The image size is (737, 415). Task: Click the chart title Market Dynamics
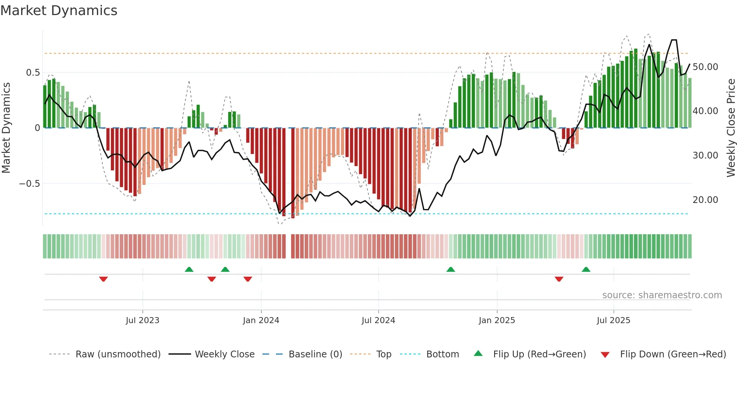coord(59,11)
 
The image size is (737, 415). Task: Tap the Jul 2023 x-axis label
coord(143,320)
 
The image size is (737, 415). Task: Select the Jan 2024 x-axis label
coord(261,320)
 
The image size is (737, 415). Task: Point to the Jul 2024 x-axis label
coord(378,320)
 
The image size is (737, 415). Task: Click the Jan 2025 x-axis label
coord(497,320)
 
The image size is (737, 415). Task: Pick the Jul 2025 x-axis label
coord(613,320)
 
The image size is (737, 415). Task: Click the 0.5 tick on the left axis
coord(33,73)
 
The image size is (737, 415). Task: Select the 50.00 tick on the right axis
coord(705,67)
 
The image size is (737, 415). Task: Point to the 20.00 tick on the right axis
coord(705,200)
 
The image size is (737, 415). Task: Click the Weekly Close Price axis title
coord(731,128)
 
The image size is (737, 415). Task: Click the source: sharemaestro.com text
coord(662,295)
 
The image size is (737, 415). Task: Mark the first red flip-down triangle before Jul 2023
coord(103,279)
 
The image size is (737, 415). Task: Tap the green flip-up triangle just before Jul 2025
coord(586,269)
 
